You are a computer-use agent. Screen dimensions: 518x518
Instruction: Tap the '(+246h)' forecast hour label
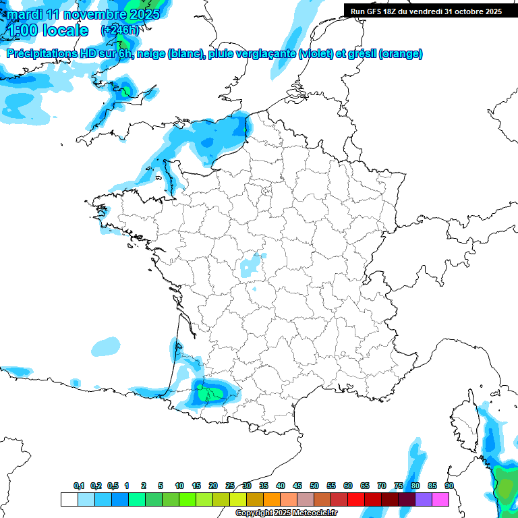pos(119,30)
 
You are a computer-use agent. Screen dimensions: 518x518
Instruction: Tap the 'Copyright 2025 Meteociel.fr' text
pos(286,513)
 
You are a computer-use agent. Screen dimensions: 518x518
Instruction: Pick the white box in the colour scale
pos(69,500)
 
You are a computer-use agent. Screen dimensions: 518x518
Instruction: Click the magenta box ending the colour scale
pos(440,500)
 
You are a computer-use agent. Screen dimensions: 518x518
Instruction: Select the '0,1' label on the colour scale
pos(79,486)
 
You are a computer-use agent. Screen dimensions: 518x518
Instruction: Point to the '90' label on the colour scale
pos(449,486)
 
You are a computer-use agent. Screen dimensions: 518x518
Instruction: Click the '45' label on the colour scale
pos(297,486)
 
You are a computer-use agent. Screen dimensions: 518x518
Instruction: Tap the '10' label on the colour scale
pos(179,486)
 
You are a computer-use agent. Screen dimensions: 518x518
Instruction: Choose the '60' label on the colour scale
pos(348,486)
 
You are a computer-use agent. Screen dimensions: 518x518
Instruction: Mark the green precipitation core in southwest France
pos(210,394)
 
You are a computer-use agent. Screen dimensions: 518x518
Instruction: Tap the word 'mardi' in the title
pos(23,14)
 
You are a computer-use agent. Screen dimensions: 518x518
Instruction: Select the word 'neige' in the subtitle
pos(150,54)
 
